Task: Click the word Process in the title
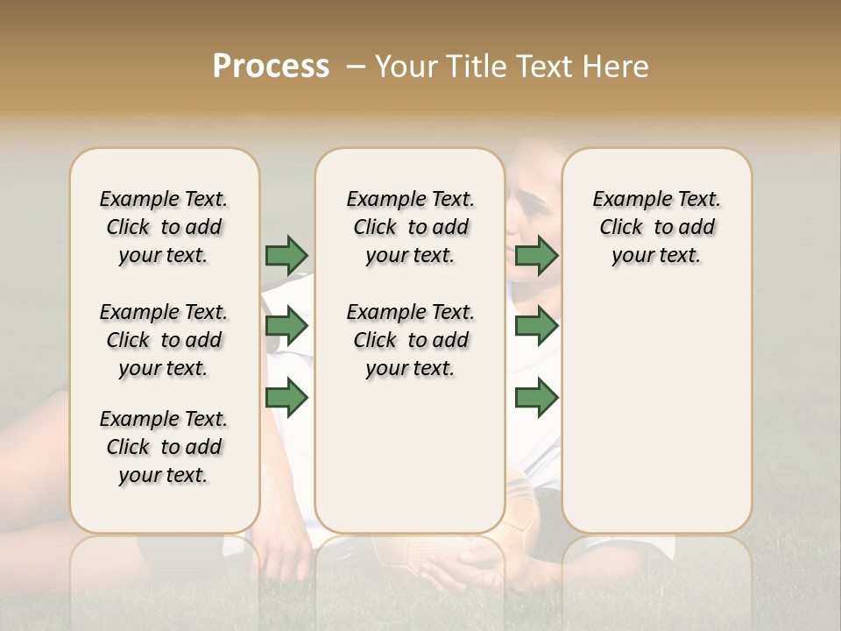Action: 271,67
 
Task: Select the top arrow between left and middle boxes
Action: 286,255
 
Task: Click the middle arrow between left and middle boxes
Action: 286,327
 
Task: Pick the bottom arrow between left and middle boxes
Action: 286,398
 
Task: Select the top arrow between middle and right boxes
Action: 536,255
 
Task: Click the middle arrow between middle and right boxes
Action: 536,327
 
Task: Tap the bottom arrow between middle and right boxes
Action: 536,398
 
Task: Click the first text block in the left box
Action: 164,227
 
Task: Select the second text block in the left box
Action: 164,340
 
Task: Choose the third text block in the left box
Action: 164,447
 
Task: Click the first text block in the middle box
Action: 410,227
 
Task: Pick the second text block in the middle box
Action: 410,340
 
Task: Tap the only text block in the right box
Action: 656,227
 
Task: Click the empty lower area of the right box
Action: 656,421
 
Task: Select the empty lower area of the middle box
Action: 410,456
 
